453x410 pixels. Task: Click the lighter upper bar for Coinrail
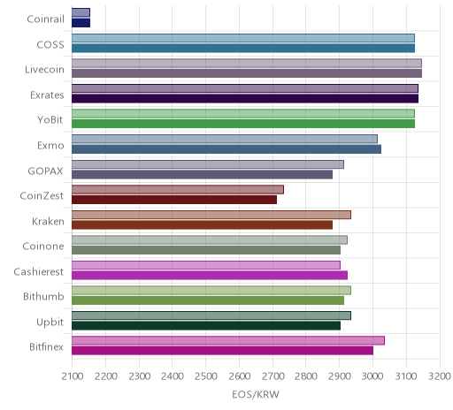pyautogui.click(x=81, y=12)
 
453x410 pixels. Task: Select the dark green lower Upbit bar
pyautogui.click(x=206, y=325)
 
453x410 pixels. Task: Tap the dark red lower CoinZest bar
pyautogui.click(x=174, y=200)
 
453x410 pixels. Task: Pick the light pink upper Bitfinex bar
pyautogui.click(x=228, y=340)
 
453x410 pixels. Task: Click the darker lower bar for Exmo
pyautogui.click(x=226, y=149)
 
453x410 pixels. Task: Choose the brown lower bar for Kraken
pyautogui.click(x=202, y=224)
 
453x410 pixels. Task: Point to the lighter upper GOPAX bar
pyautogui.click(x=208, y=164)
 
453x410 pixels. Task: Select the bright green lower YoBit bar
pyautogui.click(x=243, y=124)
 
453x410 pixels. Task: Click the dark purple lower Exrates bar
pyautogui.click(x=245, y=98)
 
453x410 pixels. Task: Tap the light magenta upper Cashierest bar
pyautogui.click(x=206, y=265)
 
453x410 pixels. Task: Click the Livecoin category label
pyautogui.click(x=44, y=70)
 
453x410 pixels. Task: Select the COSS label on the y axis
pyautogui.click(x=50, y=45)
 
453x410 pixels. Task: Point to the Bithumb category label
pyautogui.click(x=43, y=296)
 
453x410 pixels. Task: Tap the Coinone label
pyautogui.click(x=43, y=247)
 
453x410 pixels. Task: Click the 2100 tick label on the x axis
pyautogui.click(x=73, y=376)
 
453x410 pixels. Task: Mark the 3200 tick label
pyautogui.click(x=440, y=376)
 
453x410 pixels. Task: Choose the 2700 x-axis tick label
pyautogui.click(x=273, y=376)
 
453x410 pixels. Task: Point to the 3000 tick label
pyautogui.click(x=372, y=376)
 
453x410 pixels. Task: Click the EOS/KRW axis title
pyautogui.click(x=256, y=394)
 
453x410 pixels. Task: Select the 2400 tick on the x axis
pyautogui.click(x=173, y=376)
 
